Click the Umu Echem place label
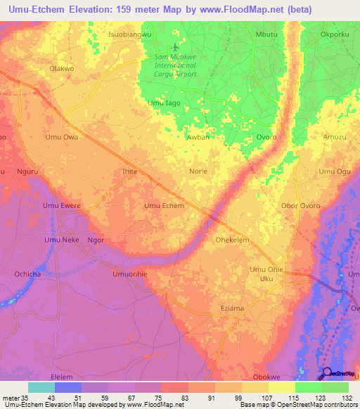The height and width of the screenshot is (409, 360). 164,206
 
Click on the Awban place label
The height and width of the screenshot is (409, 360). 198,138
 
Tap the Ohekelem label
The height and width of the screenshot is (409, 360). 232,240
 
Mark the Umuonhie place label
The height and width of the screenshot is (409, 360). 129,274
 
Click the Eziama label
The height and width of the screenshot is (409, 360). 232,309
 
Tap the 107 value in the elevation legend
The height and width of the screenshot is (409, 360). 268,397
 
